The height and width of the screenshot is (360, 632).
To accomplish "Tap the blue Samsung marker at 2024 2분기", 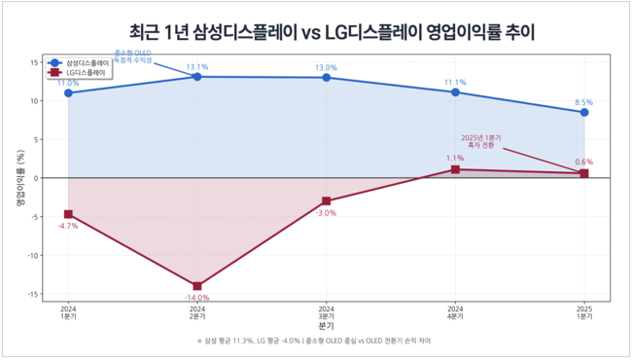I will pos(197,77).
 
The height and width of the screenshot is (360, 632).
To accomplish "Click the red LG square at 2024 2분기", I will pos(197,286).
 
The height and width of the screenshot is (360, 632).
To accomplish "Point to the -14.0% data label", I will pos(197,298).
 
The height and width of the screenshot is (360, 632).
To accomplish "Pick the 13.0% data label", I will pos(326,67).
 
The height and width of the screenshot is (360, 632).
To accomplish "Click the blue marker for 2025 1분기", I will pos(583,112).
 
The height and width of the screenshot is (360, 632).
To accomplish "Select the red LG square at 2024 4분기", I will pos(455,169).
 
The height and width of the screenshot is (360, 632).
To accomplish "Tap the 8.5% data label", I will pos(583,102).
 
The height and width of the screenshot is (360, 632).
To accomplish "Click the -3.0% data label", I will pos(326,212).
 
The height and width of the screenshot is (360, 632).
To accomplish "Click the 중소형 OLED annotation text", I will pos(133,55).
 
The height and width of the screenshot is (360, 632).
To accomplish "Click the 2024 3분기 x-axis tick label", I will pos(326,312).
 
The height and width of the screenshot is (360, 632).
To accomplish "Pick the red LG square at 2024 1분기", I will pos(68,214).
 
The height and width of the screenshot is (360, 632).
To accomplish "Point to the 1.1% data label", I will pos(455,158).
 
